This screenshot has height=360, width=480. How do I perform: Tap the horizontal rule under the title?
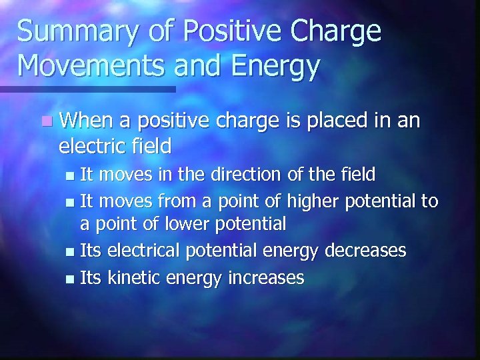(x=87, y=89)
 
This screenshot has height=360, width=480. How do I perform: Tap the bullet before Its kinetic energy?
(x=72, y=277)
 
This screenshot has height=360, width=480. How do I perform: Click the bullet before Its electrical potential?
(x=72, y=251)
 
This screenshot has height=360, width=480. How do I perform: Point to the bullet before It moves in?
(x=72, y=175)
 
